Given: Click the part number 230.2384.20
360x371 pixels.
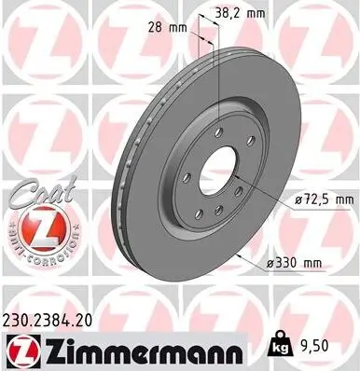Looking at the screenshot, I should point(57,318).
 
